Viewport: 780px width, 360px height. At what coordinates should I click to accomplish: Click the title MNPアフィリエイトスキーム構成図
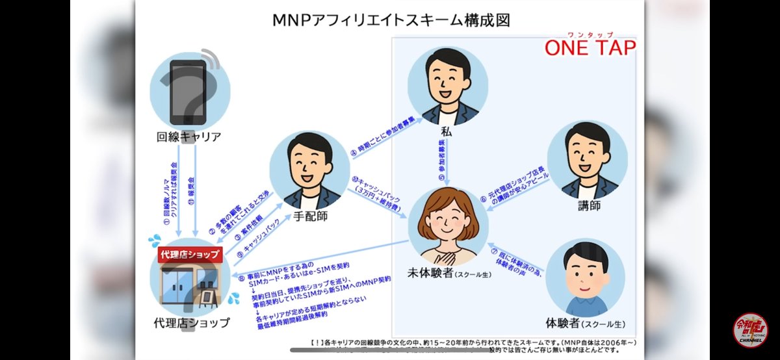(x=391, y=19)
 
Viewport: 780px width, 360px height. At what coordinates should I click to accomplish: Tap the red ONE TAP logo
(x=590, y=47)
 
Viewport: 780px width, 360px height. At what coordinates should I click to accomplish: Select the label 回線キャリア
(x=189, y=137)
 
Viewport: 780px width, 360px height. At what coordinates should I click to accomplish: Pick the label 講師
(x=588, y=206)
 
